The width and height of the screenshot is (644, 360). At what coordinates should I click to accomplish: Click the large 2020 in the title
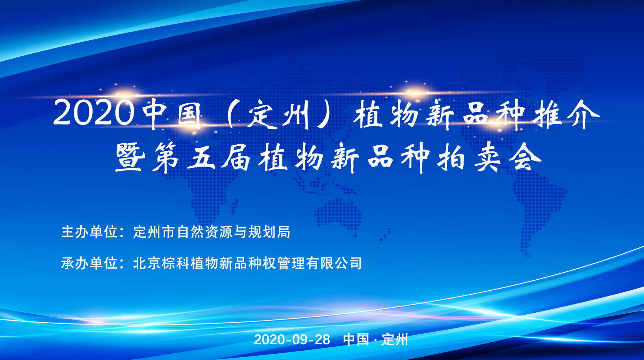(94, 113)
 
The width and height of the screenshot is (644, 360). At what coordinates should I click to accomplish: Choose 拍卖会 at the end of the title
(489, 157)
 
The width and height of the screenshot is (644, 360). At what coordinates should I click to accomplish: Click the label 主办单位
(89, 232)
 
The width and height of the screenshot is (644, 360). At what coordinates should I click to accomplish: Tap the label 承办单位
(89, 263)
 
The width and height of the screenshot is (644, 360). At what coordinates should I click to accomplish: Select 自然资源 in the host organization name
(204, 232)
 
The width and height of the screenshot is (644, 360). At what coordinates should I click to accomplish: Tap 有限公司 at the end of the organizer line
(334, 263)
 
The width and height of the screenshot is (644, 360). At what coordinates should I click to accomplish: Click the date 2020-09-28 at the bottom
(292, 340)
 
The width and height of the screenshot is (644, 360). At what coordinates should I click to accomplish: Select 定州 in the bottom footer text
(395, 340)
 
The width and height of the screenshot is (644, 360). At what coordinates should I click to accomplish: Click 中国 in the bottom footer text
(356, 340)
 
